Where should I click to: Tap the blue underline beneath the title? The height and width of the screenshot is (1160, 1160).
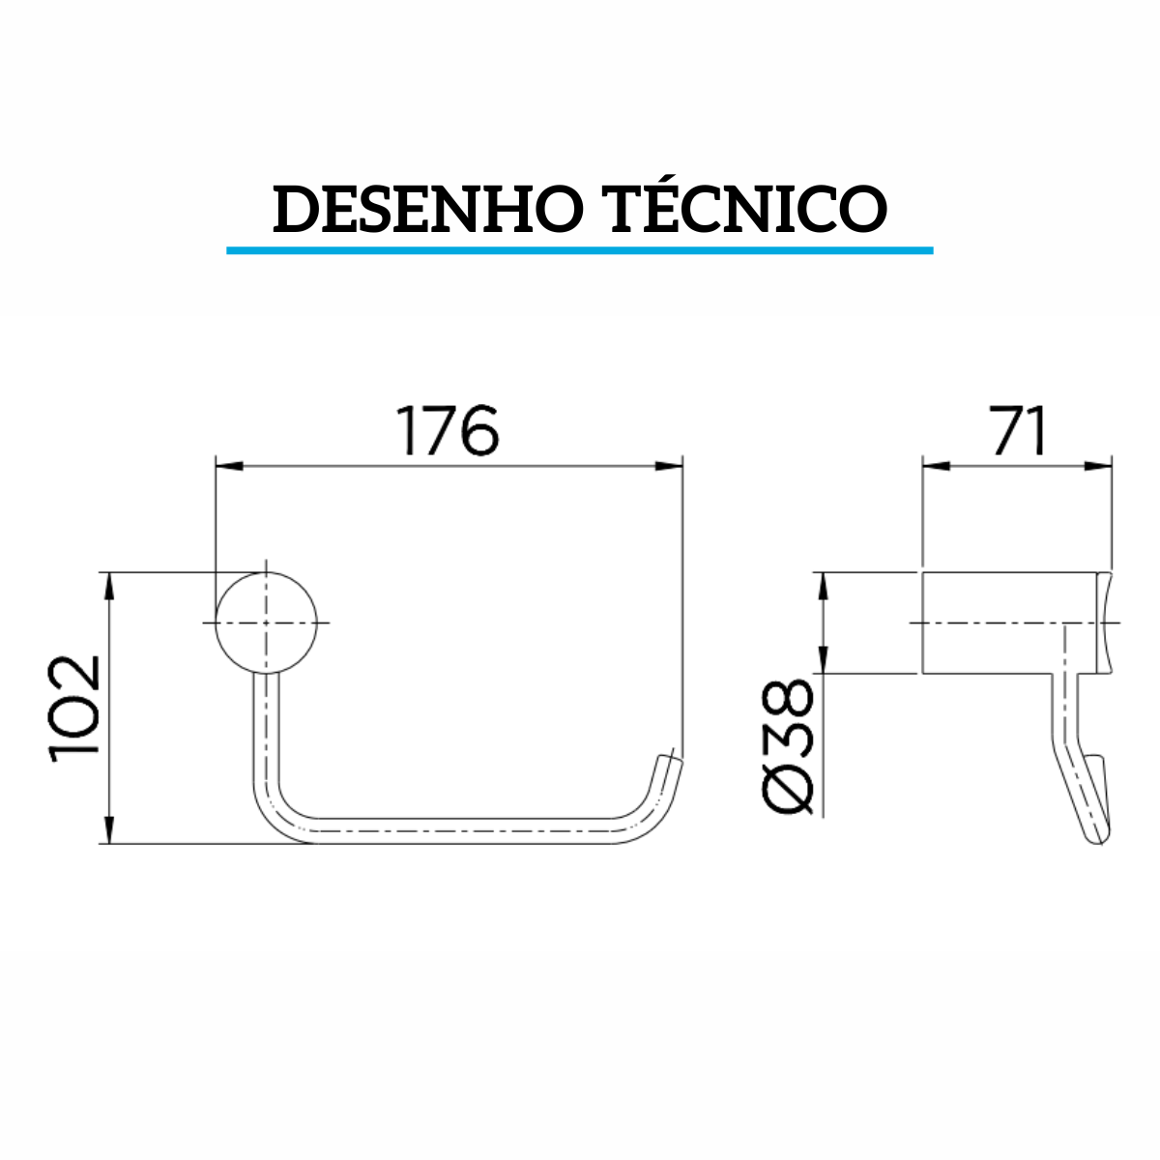tap(580, 250)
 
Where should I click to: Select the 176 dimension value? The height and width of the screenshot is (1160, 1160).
tap(449, 431)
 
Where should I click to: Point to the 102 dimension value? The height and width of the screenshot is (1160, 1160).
tap(76, 709)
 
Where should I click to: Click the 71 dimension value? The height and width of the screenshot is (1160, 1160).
tap(1018, 431)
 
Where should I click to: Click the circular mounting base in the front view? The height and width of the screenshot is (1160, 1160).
tap(266, 622)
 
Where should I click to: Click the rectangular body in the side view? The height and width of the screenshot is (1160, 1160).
tap(1010, 623)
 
